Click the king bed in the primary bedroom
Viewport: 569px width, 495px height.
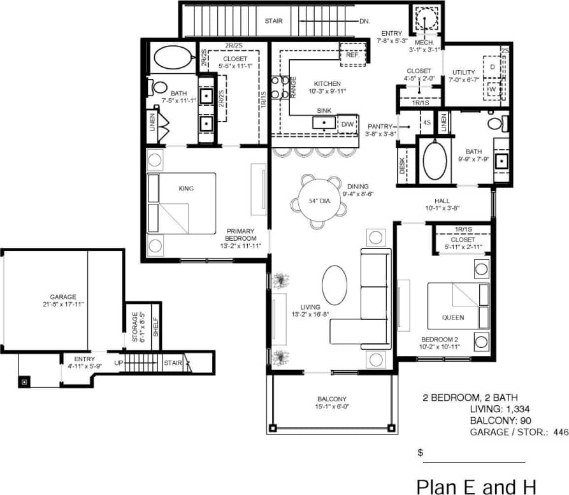[x=182, y=203]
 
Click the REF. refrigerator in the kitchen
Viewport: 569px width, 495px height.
[x=352, y=55]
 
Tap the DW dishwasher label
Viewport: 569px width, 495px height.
[x=347, y=124]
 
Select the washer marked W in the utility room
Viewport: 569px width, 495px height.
[x=493, y=90]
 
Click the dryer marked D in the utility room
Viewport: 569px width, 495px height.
[x=493, y=66]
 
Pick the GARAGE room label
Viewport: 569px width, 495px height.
[x=63, y=297]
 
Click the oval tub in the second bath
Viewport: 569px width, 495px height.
[x=435, y=159]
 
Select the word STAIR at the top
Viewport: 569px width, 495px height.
[x=274, y=21]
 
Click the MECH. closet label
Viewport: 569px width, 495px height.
[x=424, y=43]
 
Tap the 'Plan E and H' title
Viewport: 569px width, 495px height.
[x=476, y=486]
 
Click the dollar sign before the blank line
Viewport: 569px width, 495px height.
[x=420, y=452]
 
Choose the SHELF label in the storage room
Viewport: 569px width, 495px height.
[x=155, y=326]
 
